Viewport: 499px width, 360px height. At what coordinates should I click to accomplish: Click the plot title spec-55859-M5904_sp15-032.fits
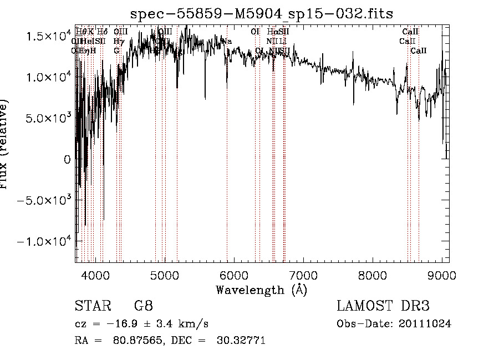coord(261,13)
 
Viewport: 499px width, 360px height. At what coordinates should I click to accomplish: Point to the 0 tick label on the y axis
coord(67,159)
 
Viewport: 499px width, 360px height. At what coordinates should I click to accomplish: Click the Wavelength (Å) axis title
coord(261,290)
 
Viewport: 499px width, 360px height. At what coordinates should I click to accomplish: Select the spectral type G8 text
coord(143,306)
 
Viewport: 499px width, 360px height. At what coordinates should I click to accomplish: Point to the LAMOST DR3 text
coord(383,306)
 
